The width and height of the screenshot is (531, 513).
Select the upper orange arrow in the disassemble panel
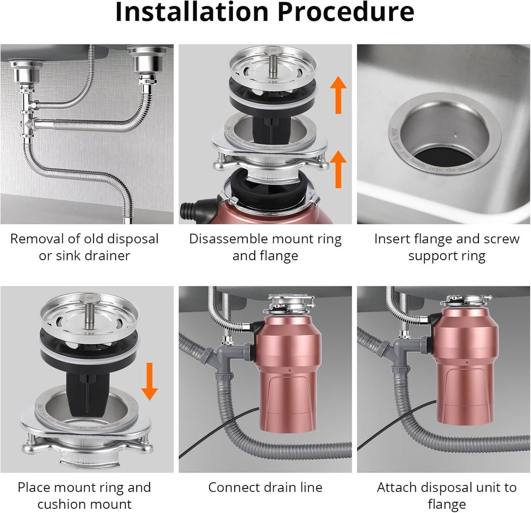pos(337,94)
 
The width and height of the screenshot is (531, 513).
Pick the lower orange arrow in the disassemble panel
pos(337,168)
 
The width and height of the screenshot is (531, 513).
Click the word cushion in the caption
pos(59,503)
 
